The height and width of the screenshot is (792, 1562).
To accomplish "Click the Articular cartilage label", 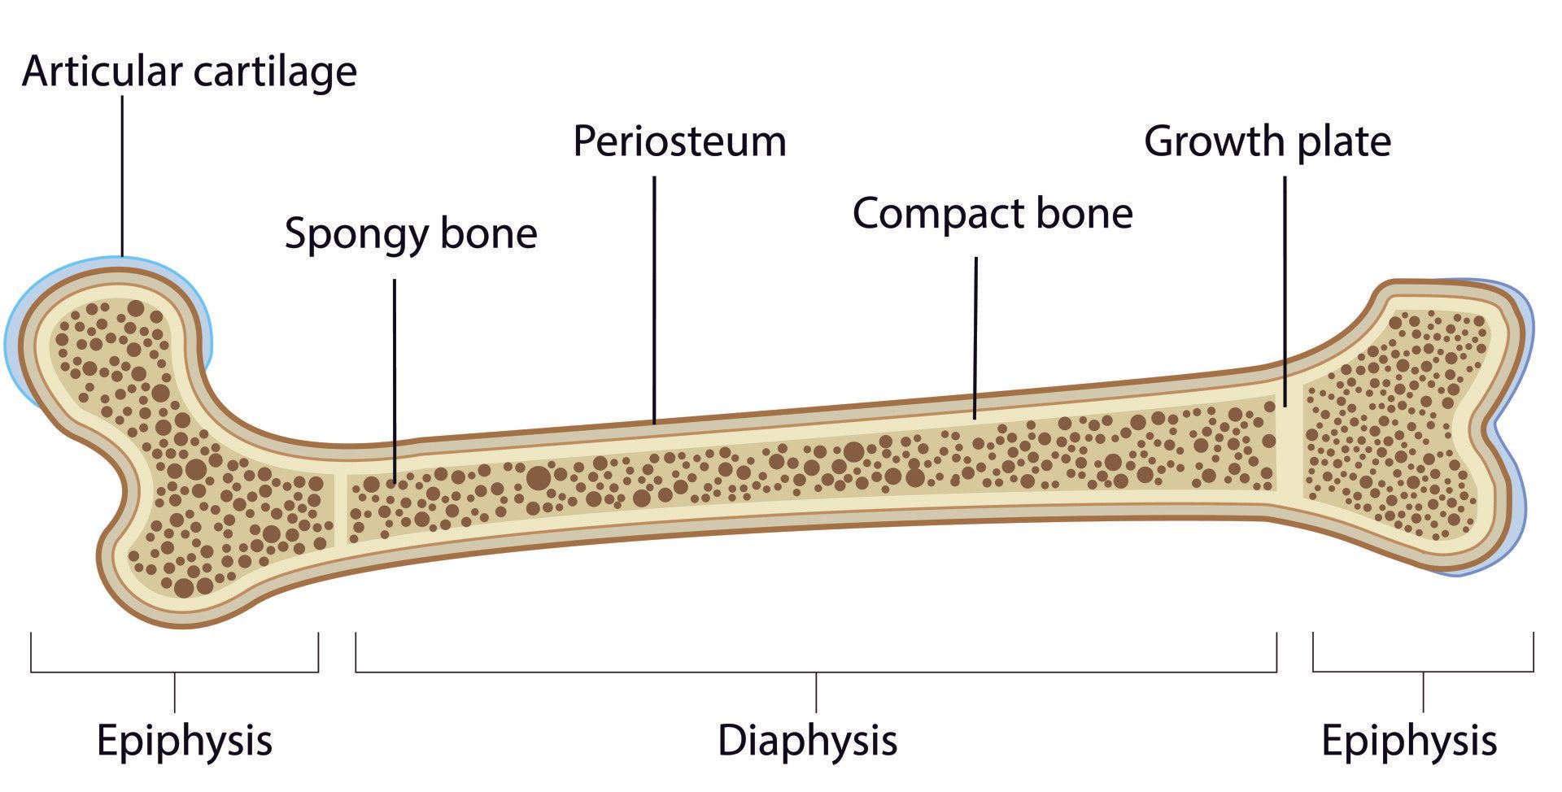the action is pyautogui.click(x=190, y=72).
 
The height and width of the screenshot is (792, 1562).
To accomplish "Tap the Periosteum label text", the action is pyautogui.click(x=679, y=141).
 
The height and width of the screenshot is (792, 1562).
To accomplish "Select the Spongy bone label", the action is pyautogui.click(x=411, y=233).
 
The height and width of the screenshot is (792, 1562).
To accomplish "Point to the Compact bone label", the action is pyautogui.click(x=993, y=214).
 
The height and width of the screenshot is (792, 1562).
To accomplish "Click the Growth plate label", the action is pyautogui.click(x=1267, y=141).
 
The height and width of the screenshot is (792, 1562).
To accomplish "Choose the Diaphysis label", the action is pyautogui.click(x=807, y=741).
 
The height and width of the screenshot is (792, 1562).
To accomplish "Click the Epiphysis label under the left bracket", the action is pyautogui.click(x=185, y=741).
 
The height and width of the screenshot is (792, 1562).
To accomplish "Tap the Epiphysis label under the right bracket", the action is pyautogui.click(x=1409, y=741).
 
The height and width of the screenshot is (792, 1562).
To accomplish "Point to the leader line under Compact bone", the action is pyautogui.click(x=975, y=337).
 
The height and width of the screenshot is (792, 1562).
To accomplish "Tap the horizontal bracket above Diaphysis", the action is pyautogui.click(x=815, y=672).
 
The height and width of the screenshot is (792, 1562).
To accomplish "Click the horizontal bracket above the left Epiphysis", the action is pyautogui.click(x=174, y=672).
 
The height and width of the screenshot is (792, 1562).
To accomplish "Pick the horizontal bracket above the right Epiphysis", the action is pyautogui.click(x=1423, y=672).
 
